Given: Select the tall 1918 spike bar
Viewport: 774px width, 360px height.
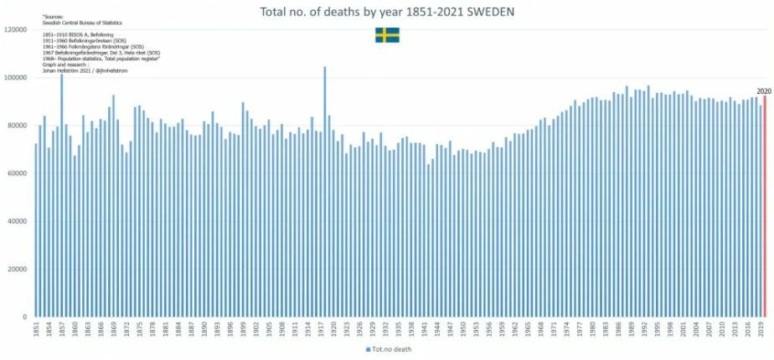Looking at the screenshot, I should click(324, 193).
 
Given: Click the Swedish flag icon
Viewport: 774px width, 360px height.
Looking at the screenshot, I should click(387, 35).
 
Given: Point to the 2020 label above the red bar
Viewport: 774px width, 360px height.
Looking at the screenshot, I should click(763, 90).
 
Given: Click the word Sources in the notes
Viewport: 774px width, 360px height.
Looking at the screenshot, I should click(53, 17).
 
